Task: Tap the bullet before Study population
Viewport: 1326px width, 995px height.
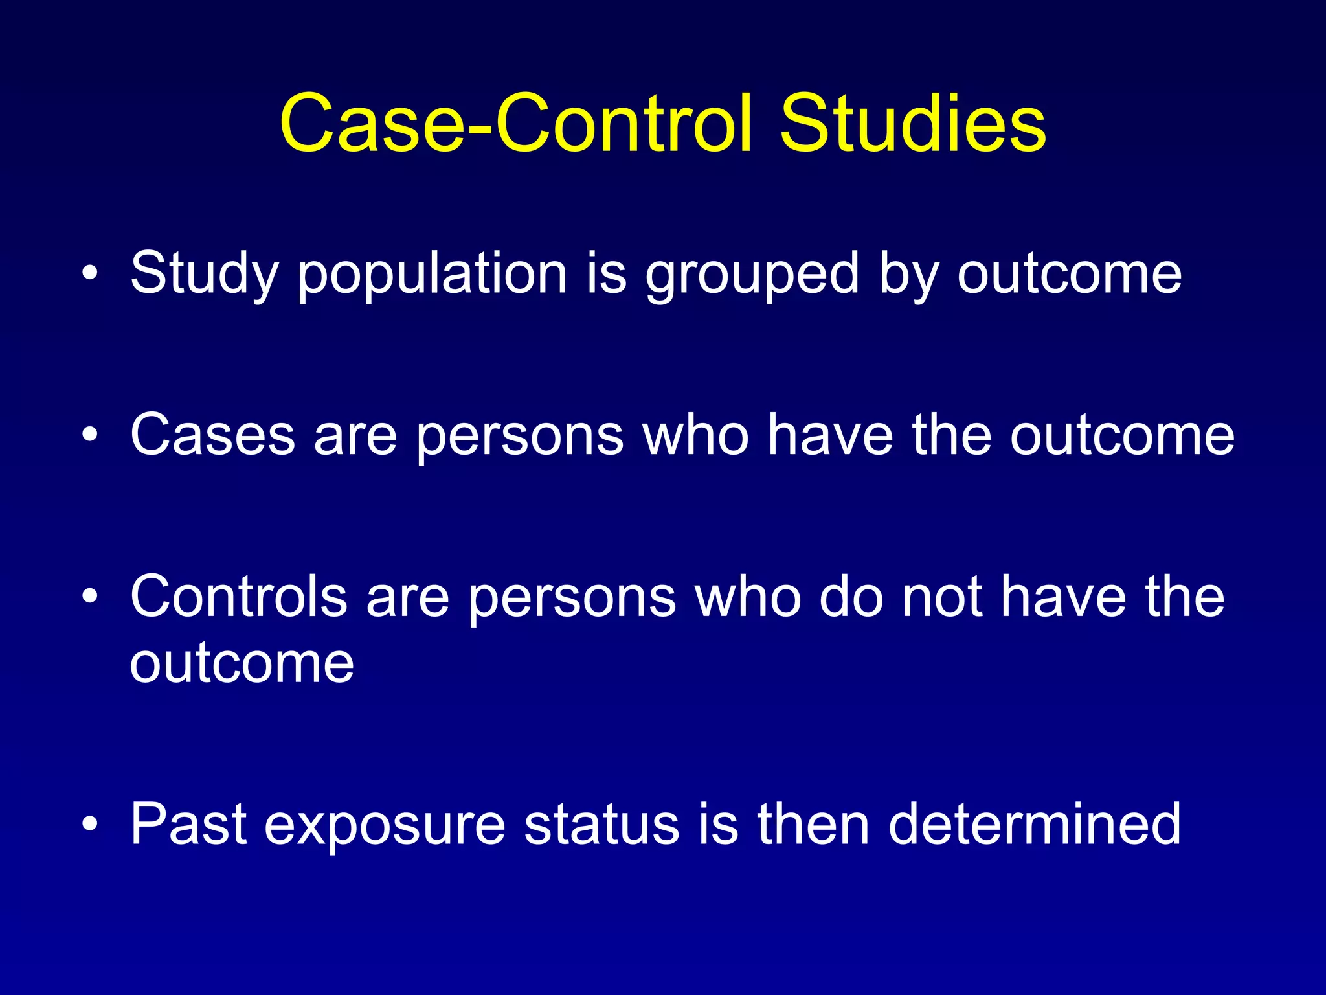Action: pos(90,273)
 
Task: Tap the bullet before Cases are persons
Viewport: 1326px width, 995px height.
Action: pos(90,435)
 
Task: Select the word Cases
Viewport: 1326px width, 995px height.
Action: pos(212,436)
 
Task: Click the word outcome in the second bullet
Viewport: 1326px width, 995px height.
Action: pos(1122,436)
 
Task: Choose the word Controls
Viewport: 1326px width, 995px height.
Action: pos(238,597)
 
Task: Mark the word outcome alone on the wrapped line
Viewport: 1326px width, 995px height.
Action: pos(242,663)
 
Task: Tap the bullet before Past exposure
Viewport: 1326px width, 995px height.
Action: pos(90,824)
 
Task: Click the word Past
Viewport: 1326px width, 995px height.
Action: pos(188,825)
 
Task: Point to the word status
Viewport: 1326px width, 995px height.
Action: pos(601,825)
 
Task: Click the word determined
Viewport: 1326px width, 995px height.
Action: pos(1034,825)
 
